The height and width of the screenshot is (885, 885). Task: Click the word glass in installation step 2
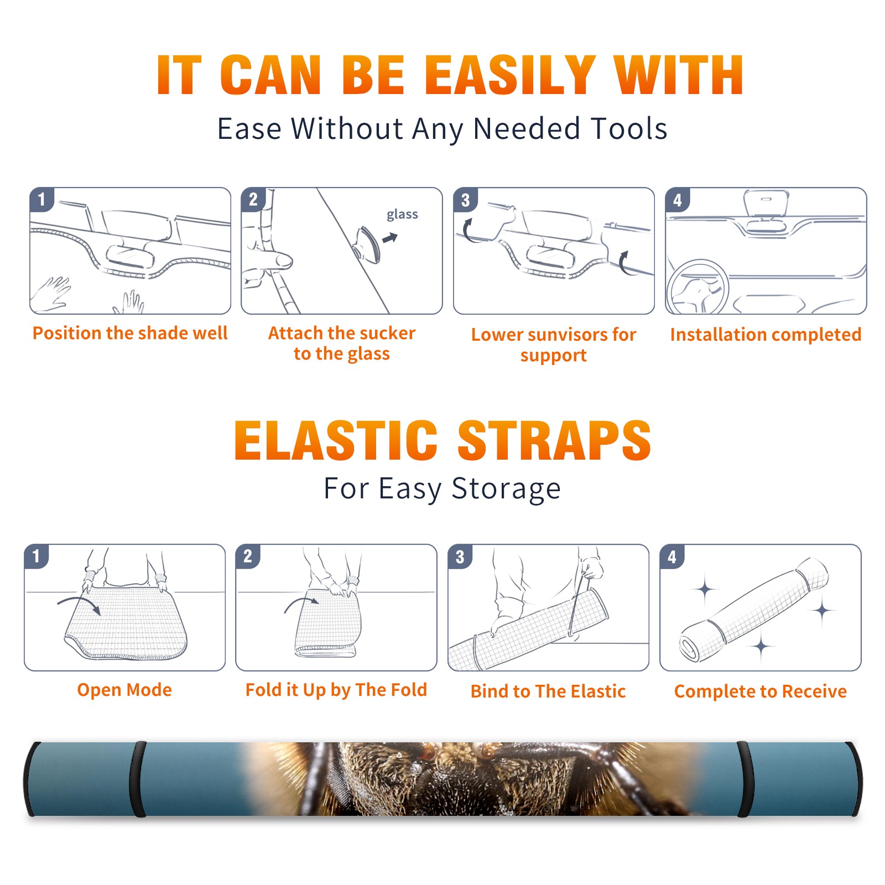click(402, 214)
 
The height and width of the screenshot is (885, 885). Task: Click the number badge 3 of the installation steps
click(466, 200)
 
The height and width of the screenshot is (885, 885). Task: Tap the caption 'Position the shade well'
click(130, 333)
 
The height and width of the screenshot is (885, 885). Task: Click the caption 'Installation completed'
click(766, 334)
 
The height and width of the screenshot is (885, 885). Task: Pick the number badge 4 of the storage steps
click(672, 556)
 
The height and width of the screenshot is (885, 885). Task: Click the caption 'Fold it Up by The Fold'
click(336, 690)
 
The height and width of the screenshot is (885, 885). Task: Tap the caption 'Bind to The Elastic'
click(548, 691)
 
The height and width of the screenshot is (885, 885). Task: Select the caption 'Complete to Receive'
click(761, 691)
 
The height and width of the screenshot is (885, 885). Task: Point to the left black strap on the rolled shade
click(138, 779)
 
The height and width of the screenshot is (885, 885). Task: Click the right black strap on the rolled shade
click(745, 779)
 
